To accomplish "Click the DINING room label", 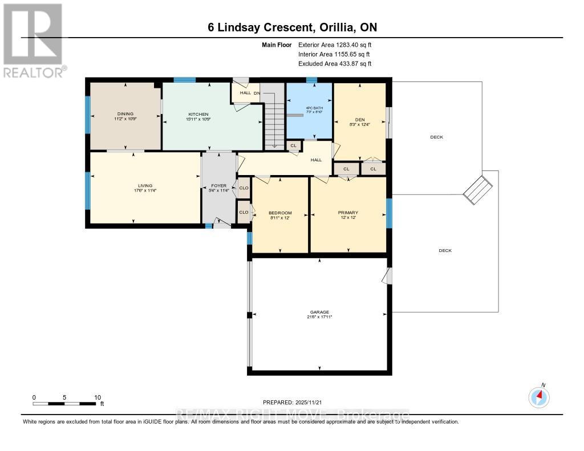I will [125, 113].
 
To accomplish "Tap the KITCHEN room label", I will [198, 114].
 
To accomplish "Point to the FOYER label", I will [219, 186].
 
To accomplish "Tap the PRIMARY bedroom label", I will [347, 213].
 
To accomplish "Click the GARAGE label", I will [319, 312].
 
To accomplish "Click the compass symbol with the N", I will [539, 397].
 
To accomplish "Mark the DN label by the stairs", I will [257, 93].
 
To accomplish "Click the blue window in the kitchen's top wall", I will [185, 80].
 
